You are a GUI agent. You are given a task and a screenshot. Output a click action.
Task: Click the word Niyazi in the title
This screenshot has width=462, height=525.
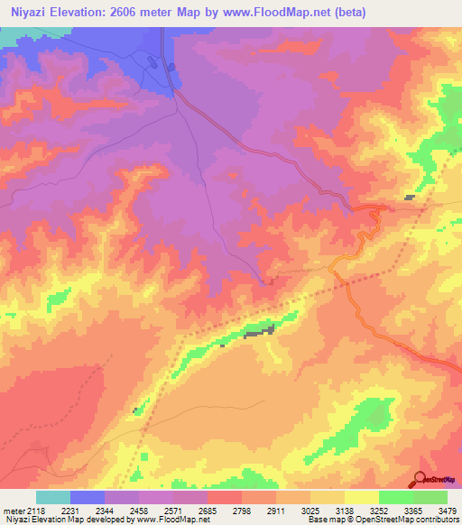click(32, 13)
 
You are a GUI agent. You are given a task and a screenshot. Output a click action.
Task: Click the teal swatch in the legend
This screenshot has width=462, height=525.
click(53, 497)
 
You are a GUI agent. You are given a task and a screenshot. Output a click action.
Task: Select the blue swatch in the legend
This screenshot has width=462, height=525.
click(88, 497)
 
